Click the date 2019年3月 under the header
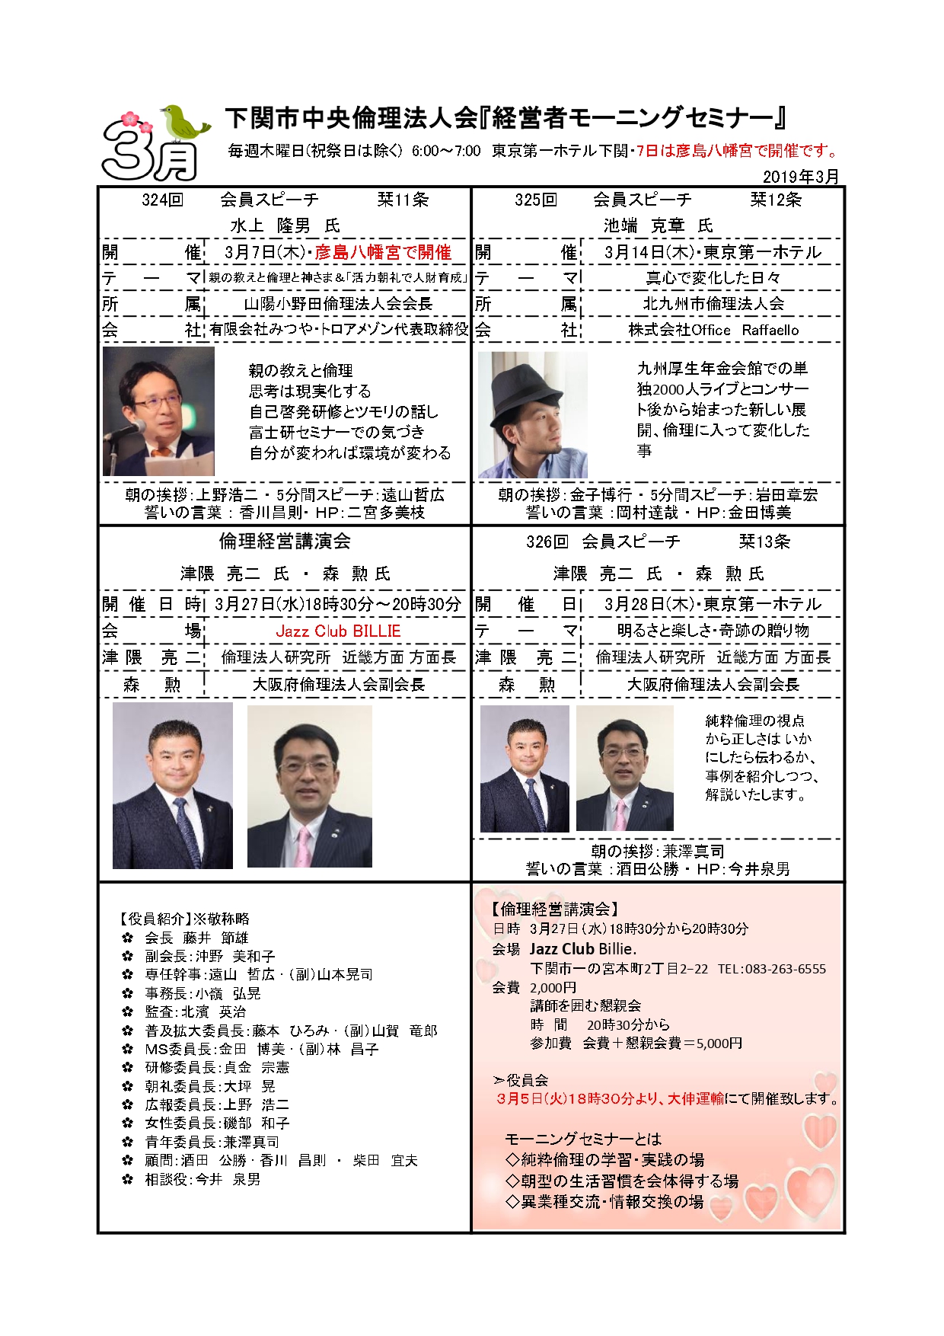point(800,177)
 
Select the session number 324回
point(162,200)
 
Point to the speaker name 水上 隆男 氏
point(285,225)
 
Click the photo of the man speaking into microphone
point(158,411)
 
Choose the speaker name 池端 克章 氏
point(658,225)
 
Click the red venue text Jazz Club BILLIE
point(338,631)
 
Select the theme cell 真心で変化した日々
point(713,278)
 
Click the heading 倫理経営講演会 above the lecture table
point(285,542)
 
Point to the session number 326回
point(547,542)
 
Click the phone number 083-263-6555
point(785,969)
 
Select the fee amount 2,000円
point(553,988)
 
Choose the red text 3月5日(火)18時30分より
point(579,1099)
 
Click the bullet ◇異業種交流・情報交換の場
point(604,1201)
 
